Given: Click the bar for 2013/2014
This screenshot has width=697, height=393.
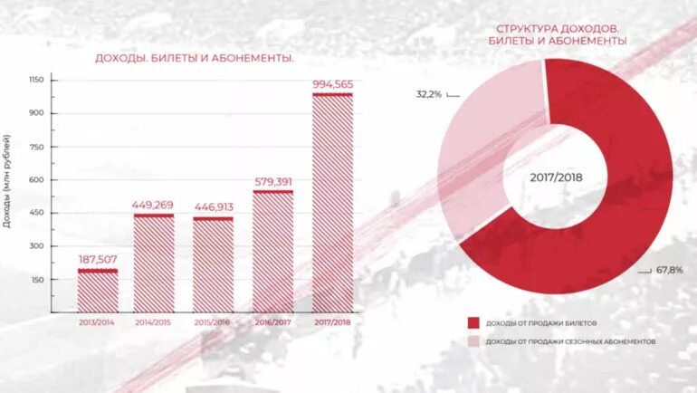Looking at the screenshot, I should point(98,290).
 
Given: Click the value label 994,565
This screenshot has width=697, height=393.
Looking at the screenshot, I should point(332,84).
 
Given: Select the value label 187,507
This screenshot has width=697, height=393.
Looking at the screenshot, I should point(98,259).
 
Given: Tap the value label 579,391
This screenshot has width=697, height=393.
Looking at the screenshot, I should point(272,182).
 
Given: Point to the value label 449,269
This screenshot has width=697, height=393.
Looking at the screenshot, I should point(154,205).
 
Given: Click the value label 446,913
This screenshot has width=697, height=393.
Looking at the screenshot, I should point(214,206).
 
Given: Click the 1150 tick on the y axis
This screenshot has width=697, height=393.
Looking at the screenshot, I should point(35,80).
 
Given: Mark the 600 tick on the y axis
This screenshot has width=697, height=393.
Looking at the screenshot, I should point(35,179).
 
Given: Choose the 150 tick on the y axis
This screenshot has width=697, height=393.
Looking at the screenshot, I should point(35,280).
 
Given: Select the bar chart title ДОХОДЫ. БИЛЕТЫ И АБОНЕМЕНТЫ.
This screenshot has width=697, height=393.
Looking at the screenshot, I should point(195,59).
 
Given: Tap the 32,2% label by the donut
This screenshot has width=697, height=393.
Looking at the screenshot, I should point(428,94).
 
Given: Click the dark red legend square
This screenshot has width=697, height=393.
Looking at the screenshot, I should point(473,322).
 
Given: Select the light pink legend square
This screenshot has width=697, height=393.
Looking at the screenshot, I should point(473,341).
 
